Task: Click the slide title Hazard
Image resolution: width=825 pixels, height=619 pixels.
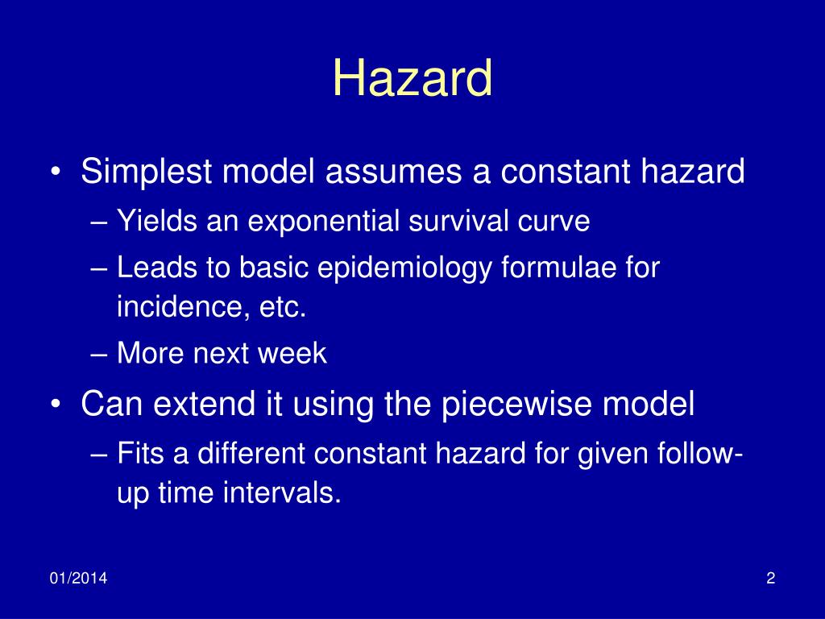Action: click(x=412, y=79)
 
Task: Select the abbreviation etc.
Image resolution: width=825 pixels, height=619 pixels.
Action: click(x=284, y=307)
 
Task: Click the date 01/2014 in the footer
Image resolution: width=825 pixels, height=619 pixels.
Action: click(x=79, y=578)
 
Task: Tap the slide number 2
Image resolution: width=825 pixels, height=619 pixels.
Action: click(x=771, y=578)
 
